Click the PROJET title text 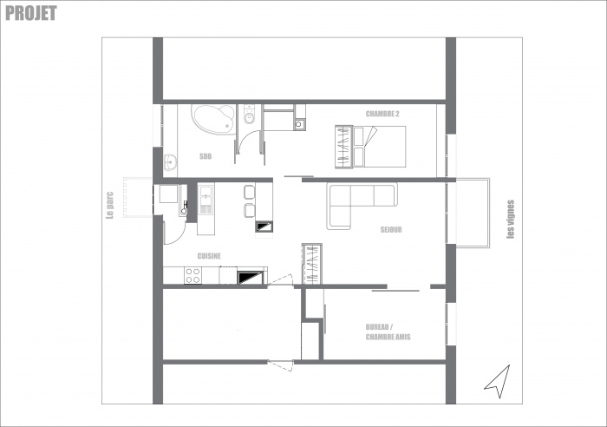tap(30, 12)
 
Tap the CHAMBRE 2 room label tap(382, 115)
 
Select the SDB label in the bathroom tap(206, 157)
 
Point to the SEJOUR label tap(391, 230)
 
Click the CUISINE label tap(208, 255)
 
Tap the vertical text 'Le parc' tap(110, 205)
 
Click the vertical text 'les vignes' tap(510, 220)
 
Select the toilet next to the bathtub tap(249, 117)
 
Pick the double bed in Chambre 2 tap(369, 147)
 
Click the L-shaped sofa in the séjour tap(357, 200)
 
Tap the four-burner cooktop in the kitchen tap(193, 276)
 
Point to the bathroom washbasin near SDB tap(170, 160)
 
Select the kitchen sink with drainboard tap(206, 203)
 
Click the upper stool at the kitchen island tap(250, 192)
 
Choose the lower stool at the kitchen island tap(250, 211)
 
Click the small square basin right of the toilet tap(299, 123)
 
